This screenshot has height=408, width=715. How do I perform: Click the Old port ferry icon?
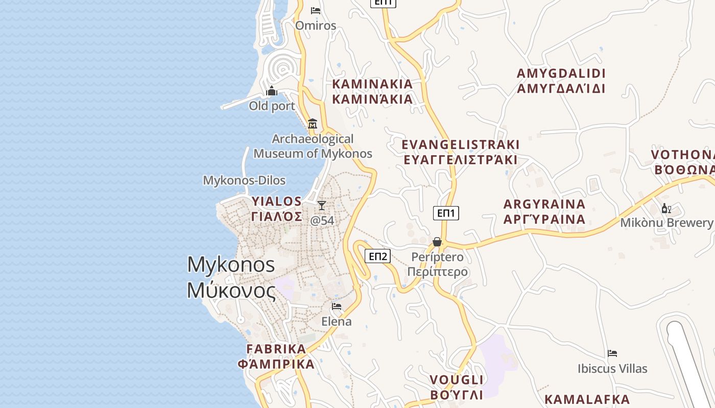click(272, 91)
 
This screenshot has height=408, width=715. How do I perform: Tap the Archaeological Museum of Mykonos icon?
click(312, 124)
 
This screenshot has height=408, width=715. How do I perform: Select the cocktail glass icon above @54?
click(321, 206)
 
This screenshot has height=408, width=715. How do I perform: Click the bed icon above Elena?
click(337, 307)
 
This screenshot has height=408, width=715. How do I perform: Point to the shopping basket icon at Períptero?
click(437, 242)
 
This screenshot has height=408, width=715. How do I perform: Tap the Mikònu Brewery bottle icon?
click(666, 208)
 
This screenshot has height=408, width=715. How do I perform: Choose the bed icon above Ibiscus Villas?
click(612, 353)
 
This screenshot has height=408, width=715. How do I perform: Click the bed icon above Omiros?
click(316, 10)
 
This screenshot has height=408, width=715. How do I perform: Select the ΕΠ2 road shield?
click(378, 256)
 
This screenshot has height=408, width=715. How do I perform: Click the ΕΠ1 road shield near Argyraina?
click(446, 213)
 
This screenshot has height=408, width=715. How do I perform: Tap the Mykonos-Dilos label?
click(244, 181)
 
